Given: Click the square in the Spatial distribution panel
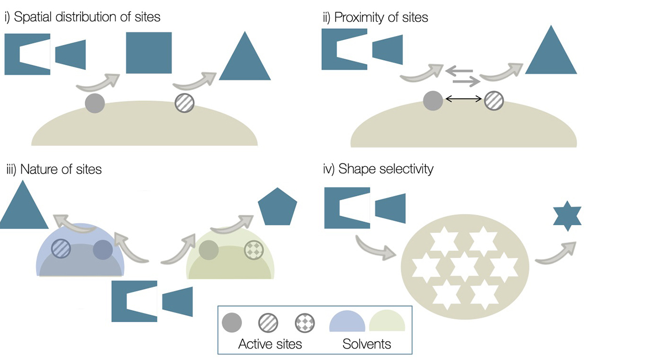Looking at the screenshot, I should (149, 53).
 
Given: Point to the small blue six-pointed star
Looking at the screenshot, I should (567, 217).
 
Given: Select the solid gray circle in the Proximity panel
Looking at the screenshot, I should (433, 100).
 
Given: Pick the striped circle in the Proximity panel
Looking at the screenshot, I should (494, 100).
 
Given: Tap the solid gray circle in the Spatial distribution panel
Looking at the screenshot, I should (95, 103).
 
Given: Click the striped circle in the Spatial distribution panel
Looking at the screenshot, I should (184, 103).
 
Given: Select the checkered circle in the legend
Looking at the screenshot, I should (304, 322).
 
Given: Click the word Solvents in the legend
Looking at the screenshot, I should (366, 344).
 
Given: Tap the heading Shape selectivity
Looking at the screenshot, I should (379, 169).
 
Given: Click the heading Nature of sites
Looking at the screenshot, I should (53, 169).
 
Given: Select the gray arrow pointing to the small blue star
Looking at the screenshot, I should (555, 253).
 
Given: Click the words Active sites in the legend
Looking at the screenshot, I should (270, 344).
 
